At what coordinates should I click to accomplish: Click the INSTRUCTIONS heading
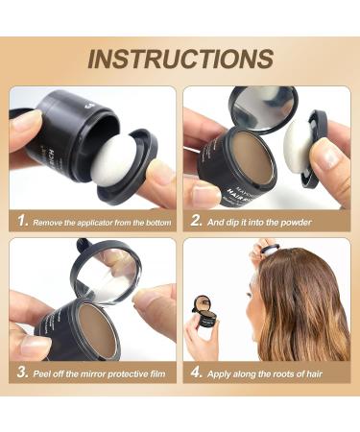180,59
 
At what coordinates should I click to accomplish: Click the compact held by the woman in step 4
204,319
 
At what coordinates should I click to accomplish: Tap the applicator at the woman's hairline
271,251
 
